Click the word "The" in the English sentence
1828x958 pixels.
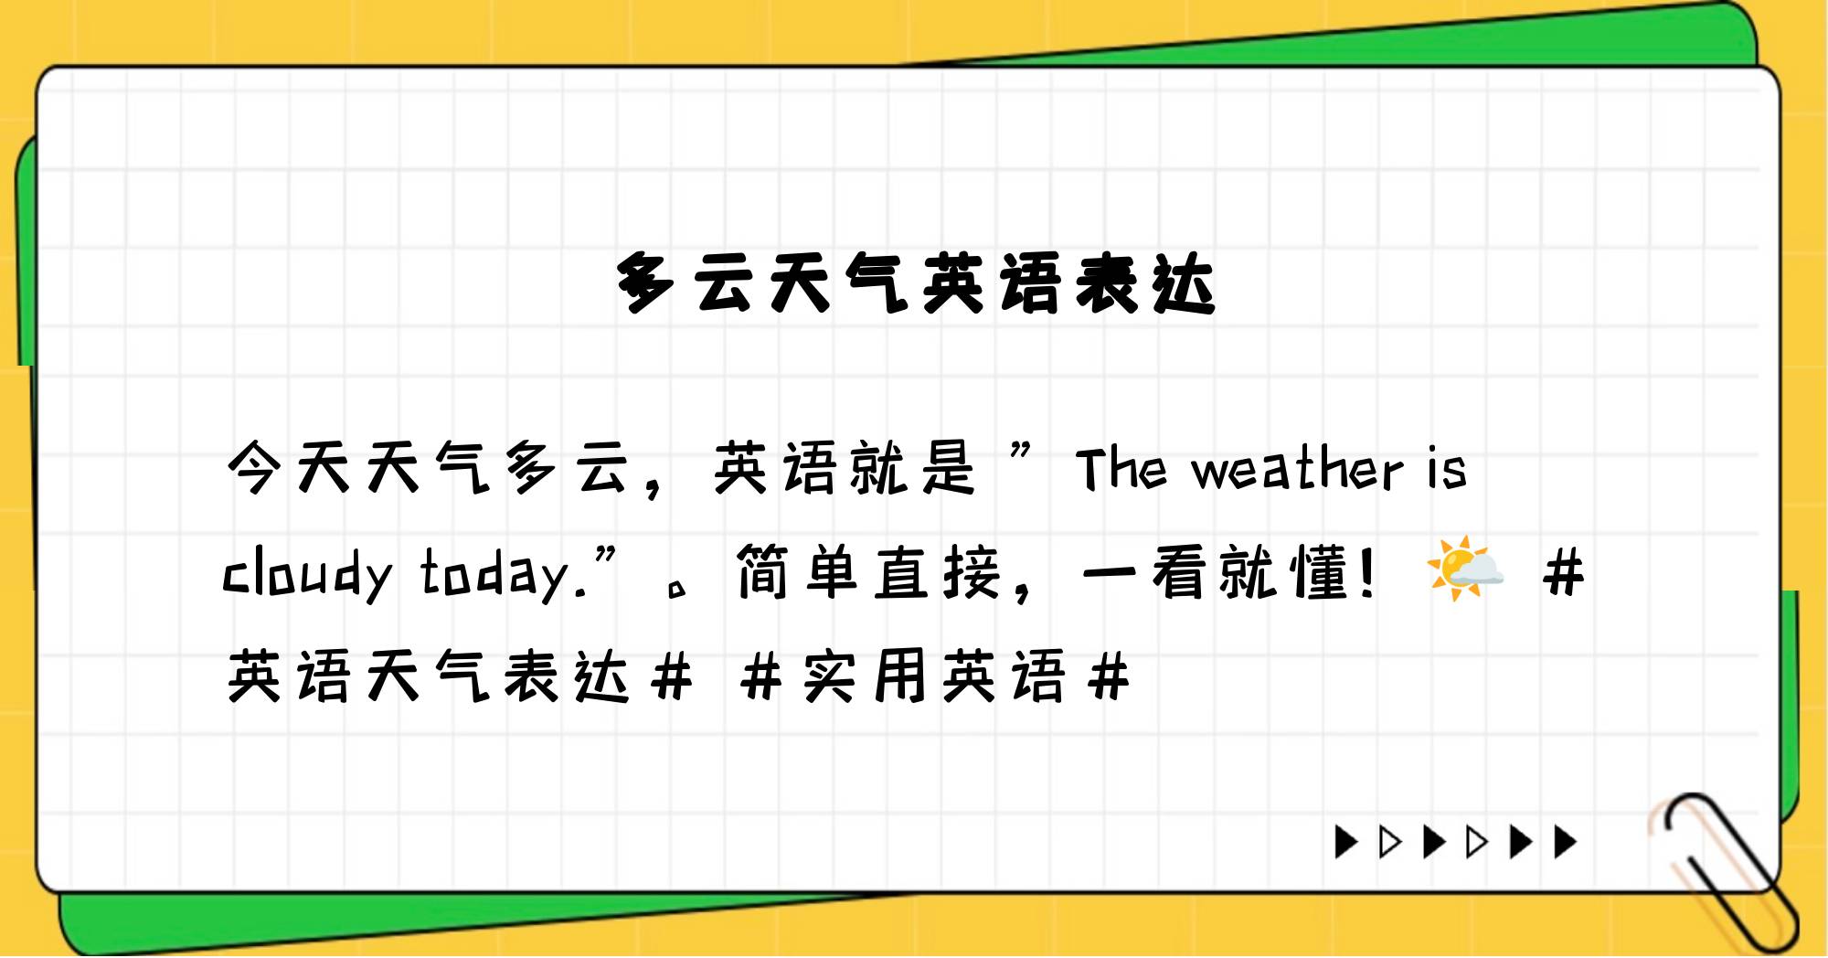coord(1121,469)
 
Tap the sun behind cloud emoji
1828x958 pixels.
coord(1465,569)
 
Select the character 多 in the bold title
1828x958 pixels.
coord(646,283)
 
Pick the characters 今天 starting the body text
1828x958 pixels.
coord(289,468)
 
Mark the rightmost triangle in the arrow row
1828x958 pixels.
coord(1566,842)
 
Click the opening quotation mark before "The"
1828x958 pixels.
coord(1023,454)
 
